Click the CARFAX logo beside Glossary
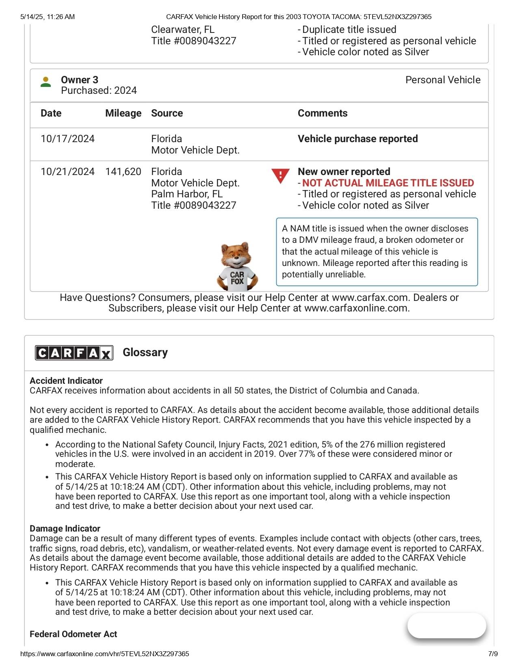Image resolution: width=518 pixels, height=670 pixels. [x=74, y=352]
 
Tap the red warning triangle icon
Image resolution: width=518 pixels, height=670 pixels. [x=280, y=175]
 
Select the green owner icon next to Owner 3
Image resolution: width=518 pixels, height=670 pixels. [x=46, y=82]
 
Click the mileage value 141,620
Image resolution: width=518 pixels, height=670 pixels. [x=123, y=172]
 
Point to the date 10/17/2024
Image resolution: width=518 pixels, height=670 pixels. [x=67, y=139]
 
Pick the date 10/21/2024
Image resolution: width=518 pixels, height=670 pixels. [x=67, y=172]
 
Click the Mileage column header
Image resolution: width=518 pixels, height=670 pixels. [x=123, y=113]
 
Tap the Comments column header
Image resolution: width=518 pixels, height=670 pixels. [x=323, y=113]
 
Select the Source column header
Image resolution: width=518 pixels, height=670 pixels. [x=167, y=113]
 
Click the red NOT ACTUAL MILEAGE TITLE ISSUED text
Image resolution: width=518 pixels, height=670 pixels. [x=388, y=183]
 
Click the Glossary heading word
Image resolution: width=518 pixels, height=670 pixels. [x=145, y=352]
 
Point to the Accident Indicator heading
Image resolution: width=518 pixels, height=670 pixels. [x=66, y=381]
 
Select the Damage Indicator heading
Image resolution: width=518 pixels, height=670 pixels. [x=65, y=529]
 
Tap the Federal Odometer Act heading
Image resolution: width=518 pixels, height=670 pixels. [x=74, y=634]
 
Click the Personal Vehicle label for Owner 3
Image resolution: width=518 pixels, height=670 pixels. [x=443, y=80]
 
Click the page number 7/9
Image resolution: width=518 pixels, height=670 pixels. [x=493, y=654]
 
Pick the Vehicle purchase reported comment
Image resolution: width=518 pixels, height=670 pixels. [x=358, y=139]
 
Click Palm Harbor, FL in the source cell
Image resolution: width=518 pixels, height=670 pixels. [x=187, y=194]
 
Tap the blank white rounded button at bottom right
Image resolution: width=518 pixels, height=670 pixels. [x=447, y=626]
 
